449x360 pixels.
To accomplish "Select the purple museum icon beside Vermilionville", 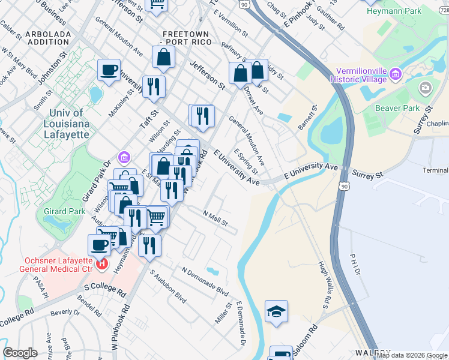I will coord(395,74).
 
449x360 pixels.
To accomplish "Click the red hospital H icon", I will coord(101,263).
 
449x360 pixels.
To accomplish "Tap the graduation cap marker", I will coord(276,311).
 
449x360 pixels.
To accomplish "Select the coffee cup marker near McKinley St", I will coord(109,70).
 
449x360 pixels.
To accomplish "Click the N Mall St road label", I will coord(215,218).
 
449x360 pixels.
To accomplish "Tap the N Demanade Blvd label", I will coord(205,281).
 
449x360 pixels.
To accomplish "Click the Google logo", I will coord(20,353).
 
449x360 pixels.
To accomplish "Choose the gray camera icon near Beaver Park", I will coord(426,89).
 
